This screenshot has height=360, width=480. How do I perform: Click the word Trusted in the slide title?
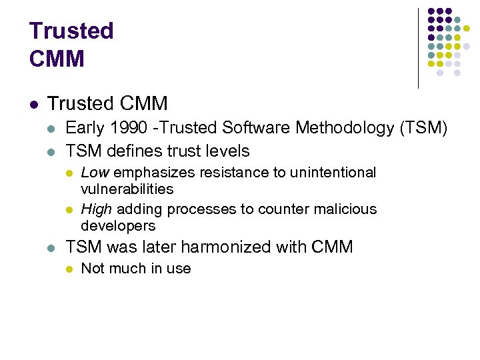[71, 31]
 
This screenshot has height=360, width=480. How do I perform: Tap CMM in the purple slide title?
[57, 59]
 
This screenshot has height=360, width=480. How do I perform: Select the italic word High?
[97, 209]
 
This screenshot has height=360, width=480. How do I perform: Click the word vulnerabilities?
[127, 189]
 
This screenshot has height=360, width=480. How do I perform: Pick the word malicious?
[346, 209]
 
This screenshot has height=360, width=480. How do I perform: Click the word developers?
[118, 225]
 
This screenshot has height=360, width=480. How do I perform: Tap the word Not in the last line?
[92, 269]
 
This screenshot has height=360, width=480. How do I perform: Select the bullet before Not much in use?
[69, 269]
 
